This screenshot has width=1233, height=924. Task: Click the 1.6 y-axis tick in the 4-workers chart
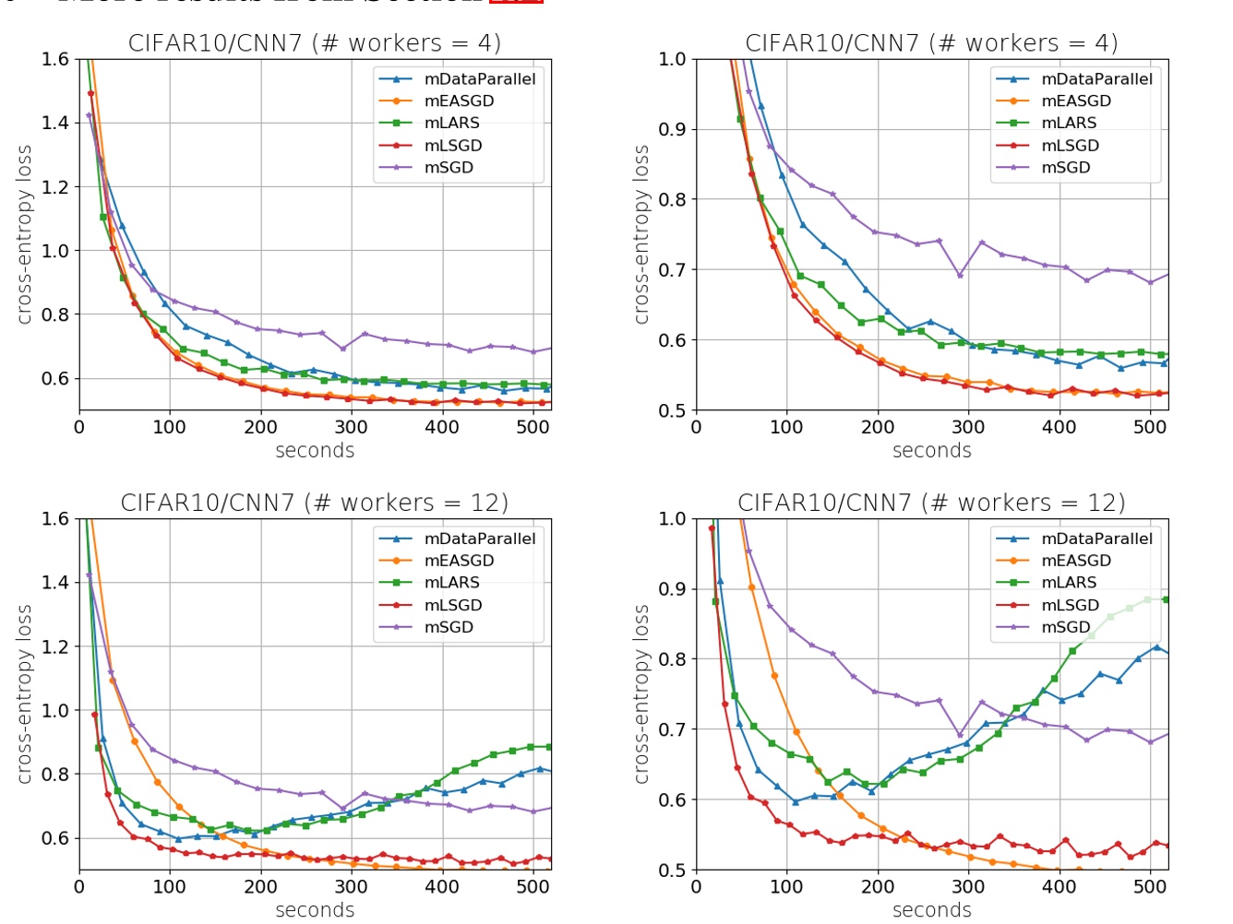pos(55,60)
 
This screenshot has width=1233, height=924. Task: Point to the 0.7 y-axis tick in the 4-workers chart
pos(672,270)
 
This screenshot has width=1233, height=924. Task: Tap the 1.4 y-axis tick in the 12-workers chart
pos(55,583)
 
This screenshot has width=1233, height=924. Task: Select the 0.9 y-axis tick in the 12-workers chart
pos(672,589)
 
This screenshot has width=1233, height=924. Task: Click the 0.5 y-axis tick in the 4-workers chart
pos(672,411)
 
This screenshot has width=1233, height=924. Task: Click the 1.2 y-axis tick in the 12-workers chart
pos(55,646)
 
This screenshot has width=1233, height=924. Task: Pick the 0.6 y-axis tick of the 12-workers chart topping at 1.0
pos(672,800)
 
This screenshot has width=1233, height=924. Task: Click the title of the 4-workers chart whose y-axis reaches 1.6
pos(315,43)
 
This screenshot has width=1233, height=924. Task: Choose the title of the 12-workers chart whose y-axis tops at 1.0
pos(931,503)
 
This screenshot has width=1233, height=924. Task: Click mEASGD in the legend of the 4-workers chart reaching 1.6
pos(459,101)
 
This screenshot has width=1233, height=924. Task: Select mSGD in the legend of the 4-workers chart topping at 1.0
pos(1066,168)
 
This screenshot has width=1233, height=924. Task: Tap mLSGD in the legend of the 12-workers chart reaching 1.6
pos(452,605)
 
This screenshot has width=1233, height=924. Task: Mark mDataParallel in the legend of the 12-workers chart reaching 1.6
pos(479,539)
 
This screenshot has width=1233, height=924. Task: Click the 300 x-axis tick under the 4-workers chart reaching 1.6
pos(351,427)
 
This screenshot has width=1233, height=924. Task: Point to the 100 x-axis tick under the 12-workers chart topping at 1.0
pos(786,887)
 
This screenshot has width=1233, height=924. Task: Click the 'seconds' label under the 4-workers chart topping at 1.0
pos(931,451)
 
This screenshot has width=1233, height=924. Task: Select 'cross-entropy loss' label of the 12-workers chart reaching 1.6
pos(24,694)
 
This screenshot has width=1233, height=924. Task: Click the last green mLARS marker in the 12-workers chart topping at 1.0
pos(1166,599)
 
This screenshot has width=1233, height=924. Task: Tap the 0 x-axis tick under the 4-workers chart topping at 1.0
pos(696,427)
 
